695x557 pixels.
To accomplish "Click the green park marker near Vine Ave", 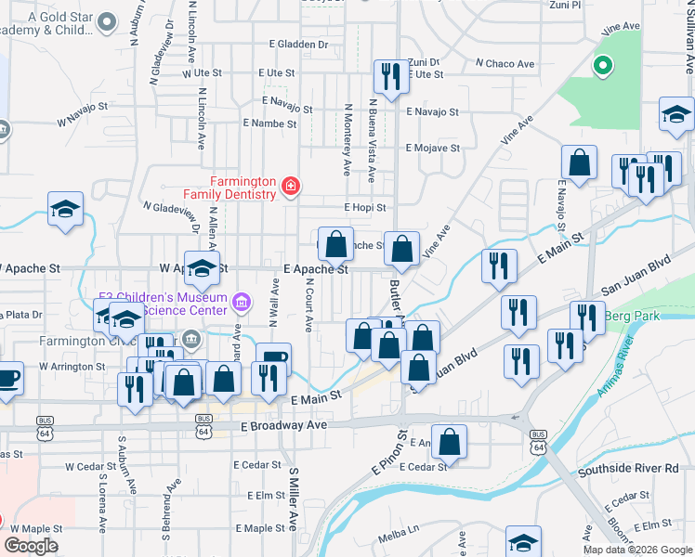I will pos(602,65).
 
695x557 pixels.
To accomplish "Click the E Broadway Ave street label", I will pos(283,425).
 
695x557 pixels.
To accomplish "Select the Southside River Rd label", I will pos(628,469).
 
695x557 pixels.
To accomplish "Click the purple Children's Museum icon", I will pos(242,301).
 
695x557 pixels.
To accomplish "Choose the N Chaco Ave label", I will pos(505,64).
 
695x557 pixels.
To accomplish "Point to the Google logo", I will pos(31,546).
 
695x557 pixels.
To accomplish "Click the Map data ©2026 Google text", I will pos(636,550).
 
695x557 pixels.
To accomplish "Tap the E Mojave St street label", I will pos(433,149).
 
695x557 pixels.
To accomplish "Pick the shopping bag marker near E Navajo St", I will pos(580,162).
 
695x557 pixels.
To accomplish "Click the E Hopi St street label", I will pos(364,208).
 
